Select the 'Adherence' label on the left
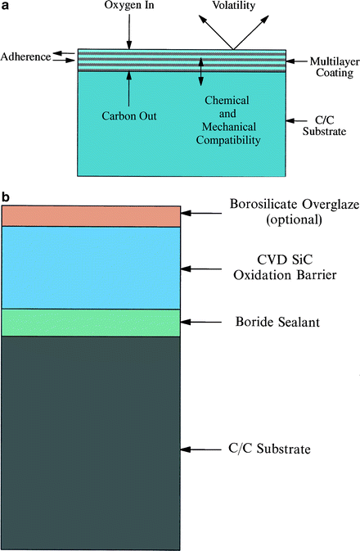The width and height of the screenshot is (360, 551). point(25,56)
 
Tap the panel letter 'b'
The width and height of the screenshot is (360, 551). point(6,197)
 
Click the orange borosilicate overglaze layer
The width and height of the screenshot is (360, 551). point(91,215)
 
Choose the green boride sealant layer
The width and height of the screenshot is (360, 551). point(91,322)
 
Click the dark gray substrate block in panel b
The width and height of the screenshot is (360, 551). point(91,442)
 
